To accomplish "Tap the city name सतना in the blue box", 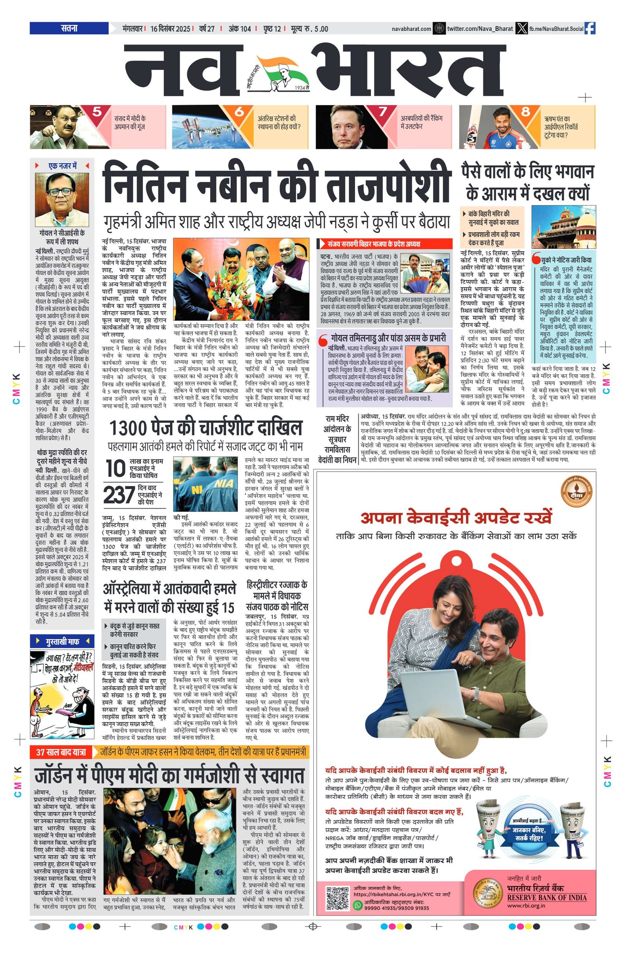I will point(69,29).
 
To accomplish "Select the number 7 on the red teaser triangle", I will point(382,112).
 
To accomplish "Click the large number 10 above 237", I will point(116,469).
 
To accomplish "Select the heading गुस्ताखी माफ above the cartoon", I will point(62,641).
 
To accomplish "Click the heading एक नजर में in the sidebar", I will point(62,166).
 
